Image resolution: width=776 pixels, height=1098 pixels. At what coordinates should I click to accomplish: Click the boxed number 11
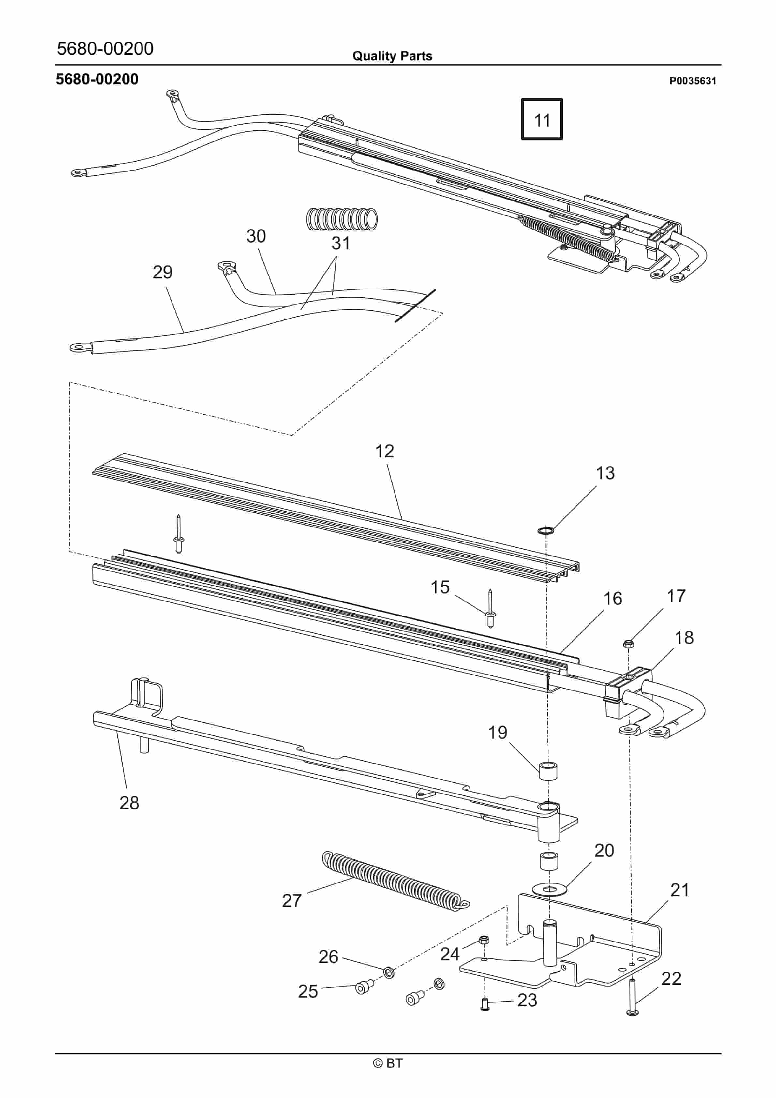[x=542, y=120]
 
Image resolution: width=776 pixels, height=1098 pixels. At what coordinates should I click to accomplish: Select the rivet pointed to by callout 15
[x=491, y=610]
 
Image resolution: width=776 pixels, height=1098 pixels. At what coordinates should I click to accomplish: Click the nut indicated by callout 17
[x=629, y=643]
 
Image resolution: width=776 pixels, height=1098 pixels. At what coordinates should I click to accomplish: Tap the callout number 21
[x=679, y=890]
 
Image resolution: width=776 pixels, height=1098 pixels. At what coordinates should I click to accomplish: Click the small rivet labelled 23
[x=484, y=1005]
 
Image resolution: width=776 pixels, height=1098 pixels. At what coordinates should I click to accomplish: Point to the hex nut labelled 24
[x=484, y=940]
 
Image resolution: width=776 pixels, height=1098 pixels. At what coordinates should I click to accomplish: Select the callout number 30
[x=256, y=236]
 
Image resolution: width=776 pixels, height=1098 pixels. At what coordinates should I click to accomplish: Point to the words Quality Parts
[x=392, y=56]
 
